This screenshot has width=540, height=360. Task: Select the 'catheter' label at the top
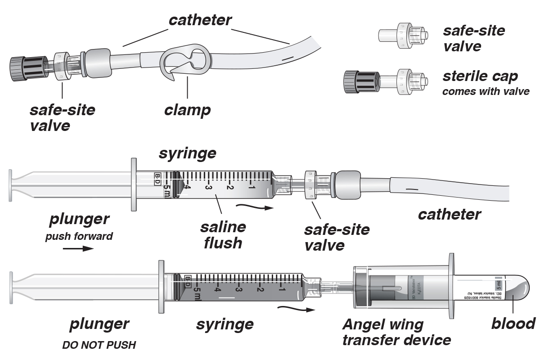(200, 20)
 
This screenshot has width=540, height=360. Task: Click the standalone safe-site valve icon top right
(403, 36)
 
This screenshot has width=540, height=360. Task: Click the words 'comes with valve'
(486, 92)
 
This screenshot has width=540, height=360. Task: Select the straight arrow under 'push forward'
(79, 248)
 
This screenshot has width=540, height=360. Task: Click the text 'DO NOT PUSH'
(99, 346)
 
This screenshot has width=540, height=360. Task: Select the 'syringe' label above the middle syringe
(187, 153)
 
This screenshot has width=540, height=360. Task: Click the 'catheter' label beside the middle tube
(449, 214)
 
